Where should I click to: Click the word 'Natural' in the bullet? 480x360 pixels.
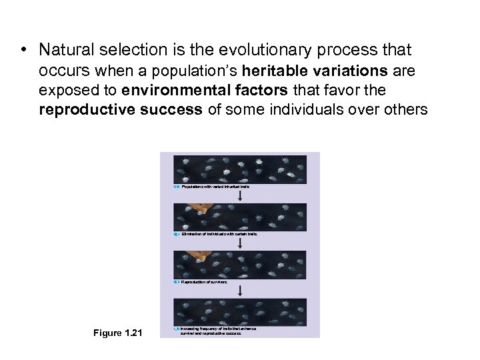coord(65,50)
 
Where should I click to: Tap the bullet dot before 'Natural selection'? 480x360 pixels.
coord(23,51)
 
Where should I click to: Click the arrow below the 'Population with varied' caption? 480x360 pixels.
coord(239,196)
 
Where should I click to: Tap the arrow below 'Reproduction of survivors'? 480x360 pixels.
coord(239,291)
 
